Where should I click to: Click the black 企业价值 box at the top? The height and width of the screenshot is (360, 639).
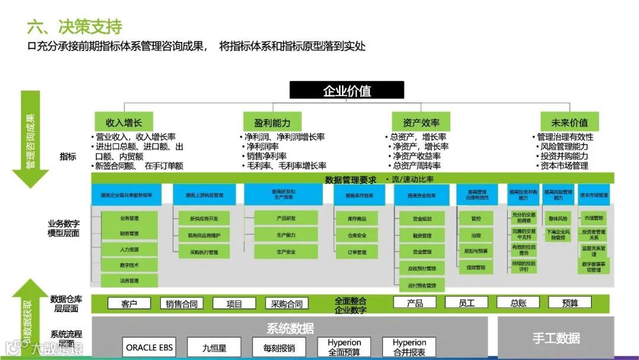[347, 91]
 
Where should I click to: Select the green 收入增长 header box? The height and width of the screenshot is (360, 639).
[124, 123]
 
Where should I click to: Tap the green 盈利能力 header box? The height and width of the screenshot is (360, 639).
[273, 123]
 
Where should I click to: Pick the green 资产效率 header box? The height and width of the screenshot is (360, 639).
[421, 123]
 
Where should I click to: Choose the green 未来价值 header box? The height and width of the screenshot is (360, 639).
[569, 123]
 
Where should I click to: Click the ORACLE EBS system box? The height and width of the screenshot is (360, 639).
[150, 347]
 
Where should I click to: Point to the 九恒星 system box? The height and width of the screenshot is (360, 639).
[214, 348]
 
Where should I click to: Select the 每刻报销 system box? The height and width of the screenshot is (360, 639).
[279, 348]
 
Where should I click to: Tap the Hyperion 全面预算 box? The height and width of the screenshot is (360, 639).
[344, 347]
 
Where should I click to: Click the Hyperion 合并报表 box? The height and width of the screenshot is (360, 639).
[409, 347]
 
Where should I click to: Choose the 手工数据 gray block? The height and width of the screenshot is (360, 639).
[556, 338]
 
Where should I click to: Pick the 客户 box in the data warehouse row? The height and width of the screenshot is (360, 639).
[129, 304]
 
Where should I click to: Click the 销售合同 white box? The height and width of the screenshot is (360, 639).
[182, 304]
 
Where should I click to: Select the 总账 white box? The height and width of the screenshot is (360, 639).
[519, 303]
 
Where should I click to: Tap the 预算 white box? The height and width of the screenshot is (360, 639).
[570, 303]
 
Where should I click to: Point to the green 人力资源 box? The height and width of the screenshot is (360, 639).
[129, 249]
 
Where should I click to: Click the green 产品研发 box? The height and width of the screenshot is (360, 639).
[286, 218]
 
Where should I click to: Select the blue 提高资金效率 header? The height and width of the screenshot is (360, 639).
[422, 195]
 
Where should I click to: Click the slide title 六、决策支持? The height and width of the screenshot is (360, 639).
[75, 27]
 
